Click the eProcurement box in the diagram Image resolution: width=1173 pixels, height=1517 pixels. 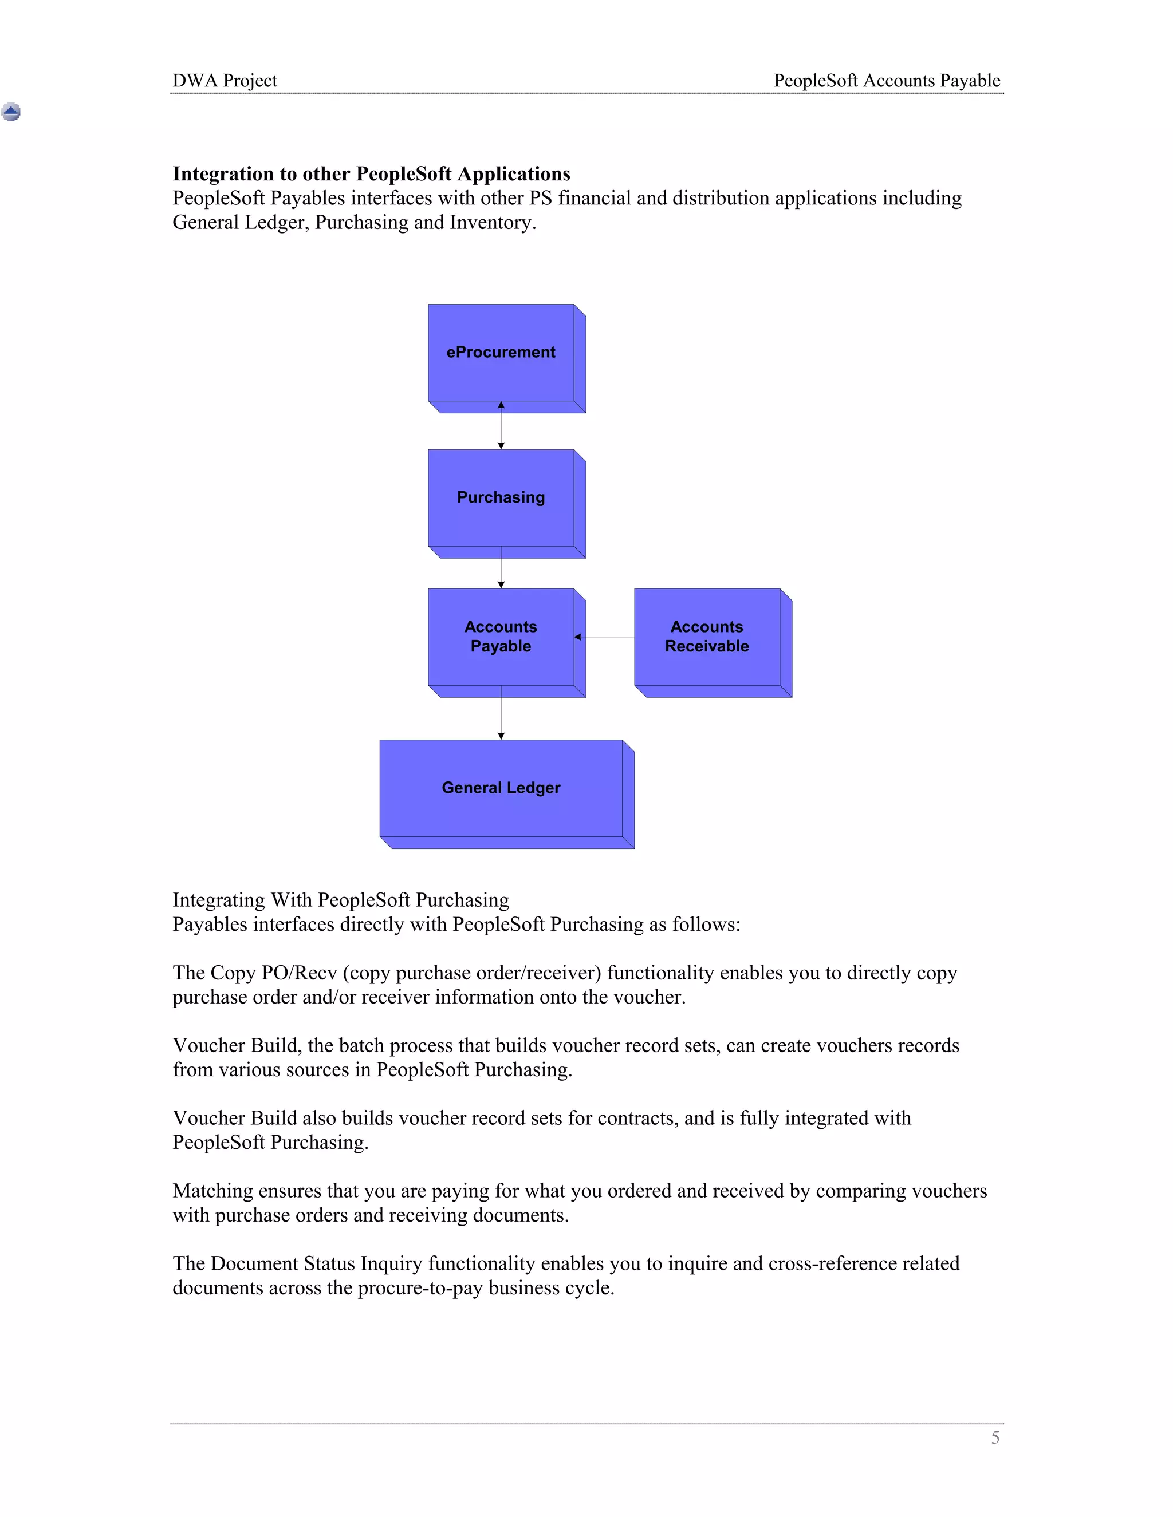click(501, 353)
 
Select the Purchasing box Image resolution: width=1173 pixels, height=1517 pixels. click(501, 498)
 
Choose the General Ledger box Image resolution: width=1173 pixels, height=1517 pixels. click(501, 788)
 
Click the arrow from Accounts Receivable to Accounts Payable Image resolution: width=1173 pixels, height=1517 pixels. click(605, 637)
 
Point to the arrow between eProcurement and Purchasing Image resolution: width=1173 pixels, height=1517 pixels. click(501, 426)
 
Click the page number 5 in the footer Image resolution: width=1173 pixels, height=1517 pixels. click(995, 1438)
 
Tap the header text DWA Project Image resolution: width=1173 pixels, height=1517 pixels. click(225, 81)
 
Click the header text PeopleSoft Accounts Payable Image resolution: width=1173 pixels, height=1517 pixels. click(887, 81)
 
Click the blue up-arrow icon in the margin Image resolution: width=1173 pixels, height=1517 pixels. click(11, 112)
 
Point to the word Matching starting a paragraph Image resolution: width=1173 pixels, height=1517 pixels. click(212, 1191)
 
